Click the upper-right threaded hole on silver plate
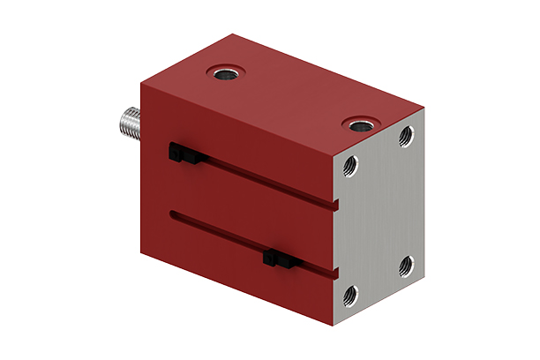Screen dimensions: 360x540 point(405,135)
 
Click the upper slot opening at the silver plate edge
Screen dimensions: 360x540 point(335,206)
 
